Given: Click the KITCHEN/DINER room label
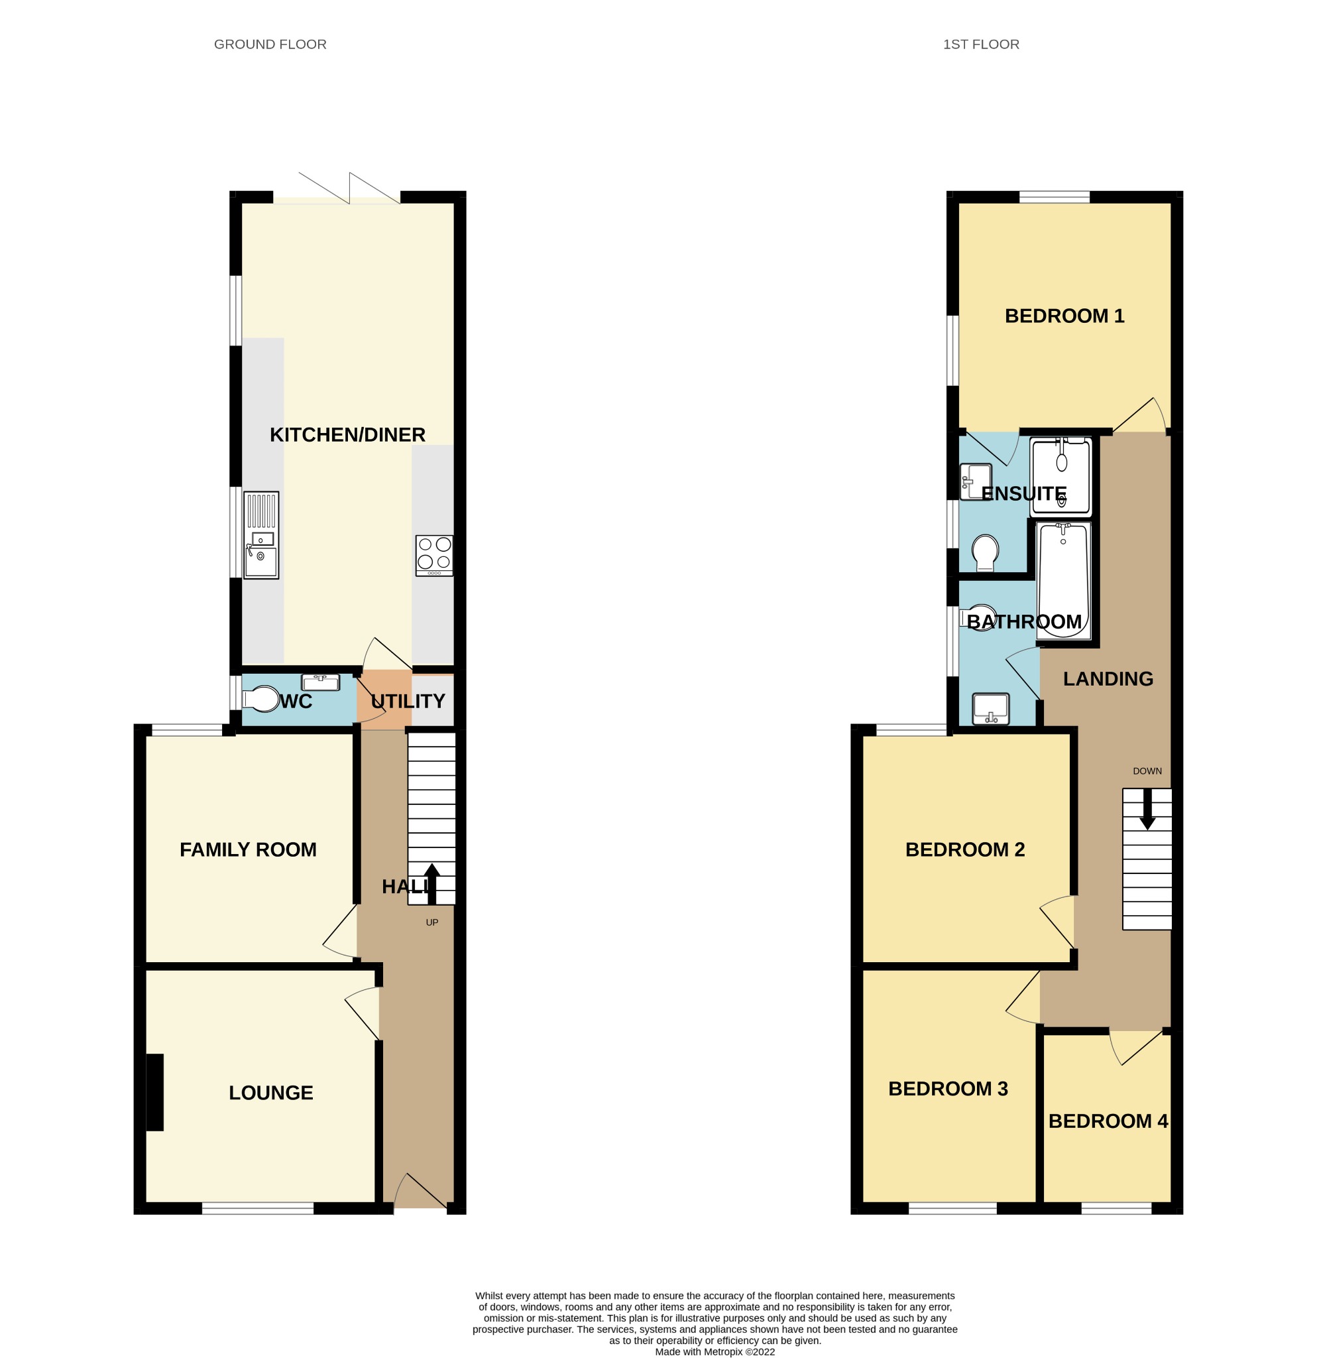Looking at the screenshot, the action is [x=347, y=434].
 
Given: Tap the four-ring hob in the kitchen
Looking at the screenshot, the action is [x=434, y=555].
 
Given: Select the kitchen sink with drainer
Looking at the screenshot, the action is [x=261, y=535].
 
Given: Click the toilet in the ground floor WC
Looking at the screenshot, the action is [x=261, y=698].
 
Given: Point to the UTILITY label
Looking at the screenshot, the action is [x=408, y=701].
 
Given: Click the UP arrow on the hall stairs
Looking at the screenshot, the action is [x=431, y=883].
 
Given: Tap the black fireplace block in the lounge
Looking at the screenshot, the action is [x=154, y=1093].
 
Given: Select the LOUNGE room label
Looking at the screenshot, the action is [x=270, y=1093].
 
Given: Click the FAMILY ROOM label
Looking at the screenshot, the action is [x=248, y=849].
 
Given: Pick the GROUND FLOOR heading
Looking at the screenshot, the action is [x=270, y=44].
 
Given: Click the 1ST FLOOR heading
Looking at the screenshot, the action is [x=980, y=44].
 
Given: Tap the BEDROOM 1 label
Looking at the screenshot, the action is [x=1064, y=316].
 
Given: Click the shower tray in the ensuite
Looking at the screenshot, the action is [x=1060, y=477].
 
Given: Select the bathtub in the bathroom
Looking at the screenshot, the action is [x=1064, y=581].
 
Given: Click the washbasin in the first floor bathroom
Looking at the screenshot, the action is [x=991, y=709].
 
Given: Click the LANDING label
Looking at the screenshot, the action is [x=1108, y=679].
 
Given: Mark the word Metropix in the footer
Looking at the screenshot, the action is [x=724, y=1352].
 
